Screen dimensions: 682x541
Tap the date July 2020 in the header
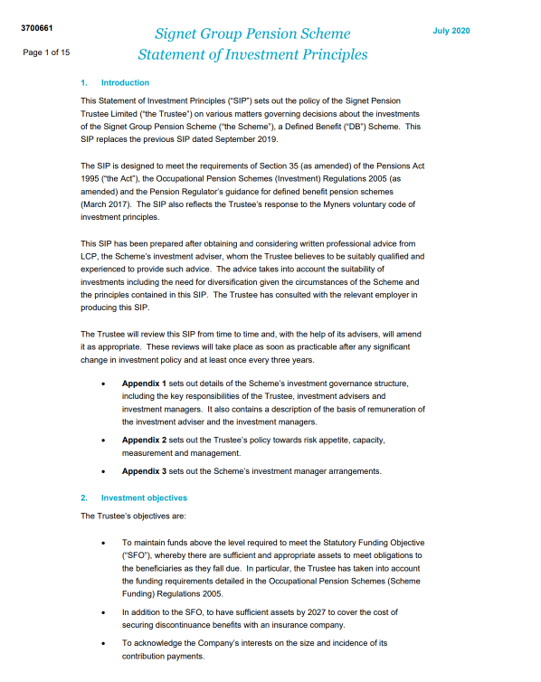[x=451, y=31]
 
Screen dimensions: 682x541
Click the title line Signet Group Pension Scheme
[x=252, y=34]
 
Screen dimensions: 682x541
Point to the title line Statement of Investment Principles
[x=252, y=54]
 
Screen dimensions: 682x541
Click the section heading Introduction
[x=125, y=83]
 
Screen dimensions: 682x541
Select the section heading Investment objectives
[x=144, y=498]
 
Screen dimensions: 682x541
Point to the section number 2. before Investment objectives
[x=83, y=498]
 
